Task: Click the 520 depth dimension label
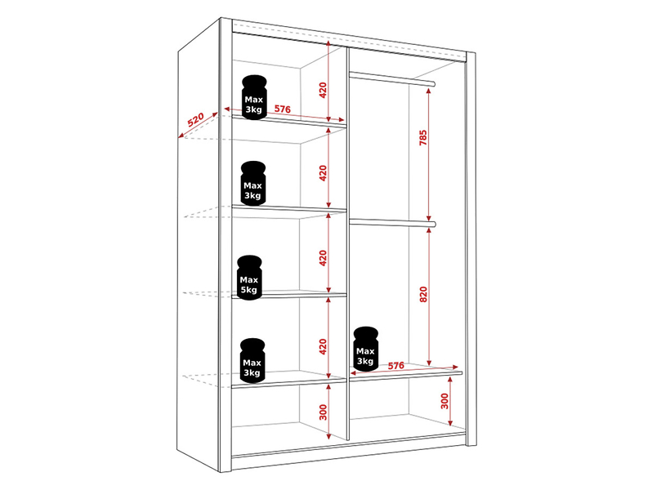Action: click(x=195, y=119)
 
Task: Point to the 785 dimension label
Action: click(x=423, y=137)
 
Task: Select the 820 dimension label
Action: click(x=423, y=294)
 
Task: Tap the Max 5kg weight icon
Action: click(x=249, y=277)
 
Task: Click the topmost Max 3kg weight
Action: click(x=254, y=97)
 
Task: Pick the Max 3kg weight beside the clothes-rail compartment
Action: click(x=365, y=349)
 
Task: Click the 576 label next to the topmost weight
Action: click(x=283, y=109)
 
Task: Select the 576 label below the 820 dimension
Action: click(x=395, y=365)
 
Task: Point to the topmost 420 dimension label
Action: click(x=323, y=90)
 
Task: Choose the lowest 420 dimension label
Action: click(x=323, y=347)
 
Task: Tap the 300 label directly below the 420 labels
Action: click(x=323, y=412)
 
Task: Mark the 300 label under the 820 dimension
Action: click(x=444, y=401)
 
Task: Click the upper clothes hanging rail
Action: click(x=392, y=78)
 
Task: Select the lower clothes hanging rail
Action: click(x=392, y=223)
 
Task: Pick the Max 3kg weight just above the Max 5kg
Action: click(x=252, y=183)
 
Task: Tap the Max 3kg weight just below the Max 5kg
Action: click(x=252, y=360)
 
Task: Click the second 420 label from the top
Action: click(x=323, y=173)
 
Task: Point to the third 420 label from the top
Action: click(x=323, y=258)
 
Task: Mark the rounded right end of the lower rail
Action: click(x=433, y=225)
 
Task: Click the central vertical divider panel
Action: click(x=347, y=243)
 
